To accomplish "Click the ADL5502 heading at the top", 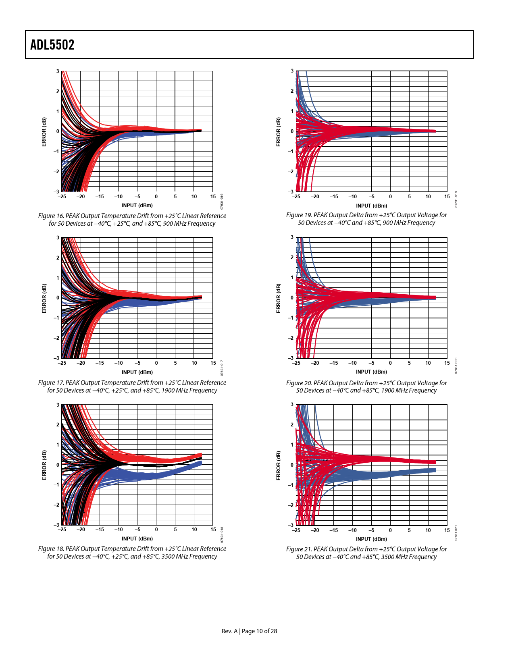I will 52,45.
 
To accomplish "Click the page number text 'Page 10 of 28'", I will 259,631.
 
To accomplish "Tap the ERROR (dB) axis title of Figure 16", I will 44,132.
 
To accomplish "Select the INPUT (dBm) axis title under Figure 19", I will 371,206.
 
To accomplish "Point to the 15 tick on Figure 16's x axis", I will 213,197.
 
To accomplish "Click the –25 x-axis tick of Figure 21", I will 296,530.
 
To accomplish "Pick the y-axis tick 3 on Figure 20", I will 292,237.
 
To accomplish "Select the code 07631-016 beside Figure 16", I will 222,201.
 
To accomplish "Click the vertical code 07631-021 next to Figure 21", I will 456,533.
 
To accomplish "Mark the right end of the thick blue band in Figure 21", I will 435,470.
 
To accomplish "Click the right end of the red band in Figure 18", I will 200,455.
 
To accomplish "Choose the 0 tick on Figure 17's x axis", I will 156,363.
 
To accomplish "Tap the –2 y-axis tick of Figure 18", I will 57,505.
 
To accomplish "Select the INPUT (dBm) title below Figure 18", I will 137,538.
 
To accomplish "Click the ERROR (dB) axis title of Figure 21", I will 278,465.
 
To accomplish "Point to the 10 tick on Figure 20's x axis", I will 428,363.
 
